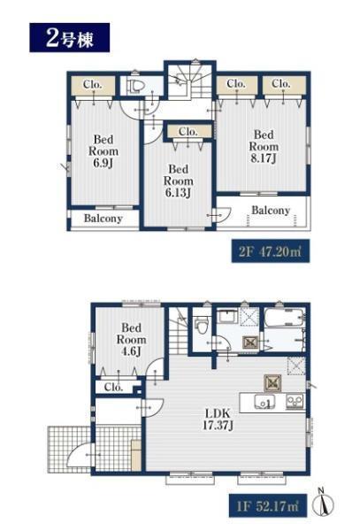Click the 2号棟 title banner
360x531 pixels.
point(69,37)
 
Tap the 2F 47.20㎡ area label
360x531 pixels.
point(271,251)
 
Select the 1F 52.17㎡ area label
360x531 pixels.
point(268,506)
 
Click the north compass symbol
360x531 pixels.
point(323,502)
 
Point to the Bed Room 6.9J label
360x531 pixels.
point(103,151)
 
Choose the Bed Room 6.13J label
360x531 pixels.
point(179,181)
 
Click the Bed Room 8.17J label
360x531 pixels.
point(264,146)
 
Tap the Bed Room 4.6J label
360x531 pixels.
point(131,340)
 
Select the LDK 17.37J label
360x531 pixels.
point(218,419)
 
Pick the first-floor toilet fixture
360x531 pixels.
point(202,325)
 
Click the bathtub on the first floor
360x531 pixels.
point(284,318)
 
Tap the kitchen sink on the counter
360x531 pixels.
point(264,403)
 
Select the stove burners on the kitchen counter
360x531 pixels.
point(295,402)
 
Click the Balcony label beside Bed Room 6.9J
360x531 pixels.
point(103,219)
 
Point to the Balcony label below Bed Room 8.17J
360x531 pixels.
point(271,211)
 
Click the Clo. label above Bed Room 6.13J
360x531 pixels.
point(188,131)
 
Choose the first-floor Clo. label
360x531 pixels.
point(113,387)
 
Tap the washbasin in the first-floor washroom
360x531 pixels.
point(226,317)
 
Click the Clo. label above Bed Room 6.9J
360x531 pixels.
point(92,84)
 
